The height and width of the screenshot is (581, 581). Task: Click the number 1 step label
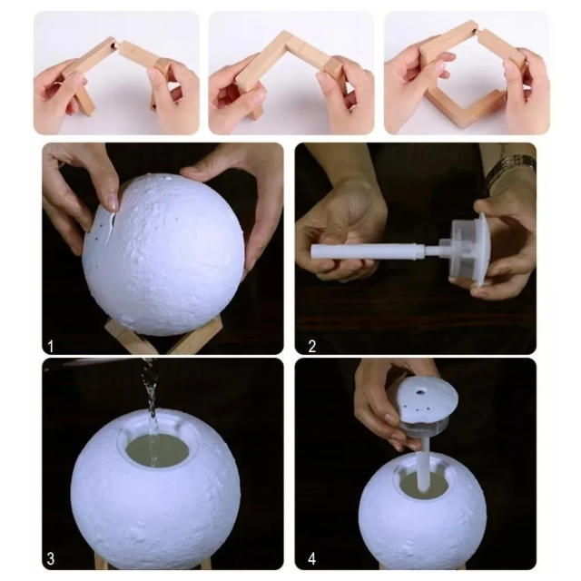[x=51, y=347]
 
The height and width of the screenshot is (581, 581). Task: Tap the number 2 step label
[x=312, y=347]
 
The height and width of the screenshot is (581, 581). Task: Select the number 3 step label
[x=51, y=558]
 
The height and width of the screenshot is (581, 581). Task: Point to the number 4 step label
[x=312, y=558]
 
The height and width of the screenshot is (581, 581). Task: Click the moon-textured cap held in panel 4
[x=428, y=404]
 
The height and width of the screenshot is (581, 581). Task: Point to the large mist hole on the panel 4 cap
[x=420, y=390]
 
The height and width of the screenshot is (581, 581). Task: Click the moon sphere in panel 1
[x=163, y=255]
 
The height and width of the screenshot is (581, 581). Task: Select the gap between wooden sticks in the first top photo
[x=117, y=44]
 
